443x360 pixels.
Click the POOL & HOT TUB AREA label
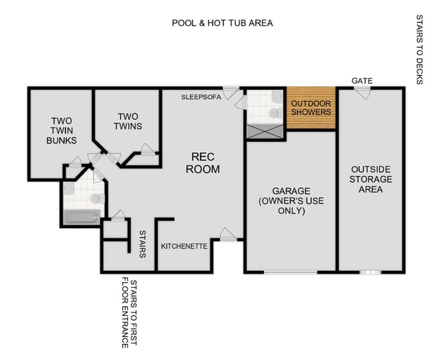222,23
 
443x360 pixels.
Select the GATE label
362,81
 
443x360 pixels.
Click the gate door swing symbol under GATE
361,93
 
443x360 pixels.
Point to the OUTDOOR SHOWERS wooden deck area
310,107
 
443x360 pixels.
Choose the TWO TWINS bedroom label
128,121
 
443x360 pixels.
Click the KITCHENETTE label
184,246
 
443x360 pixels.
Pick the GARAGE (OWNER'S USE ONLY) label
291,201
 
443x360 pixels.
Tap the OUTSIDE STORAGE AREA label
371,179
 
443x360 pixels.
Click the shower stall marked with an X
264,131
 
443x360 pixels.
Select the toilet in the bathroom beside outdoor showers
272,111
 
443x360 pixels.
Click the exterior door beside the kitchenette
227,235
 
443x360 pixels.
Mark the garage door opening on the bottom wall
290,271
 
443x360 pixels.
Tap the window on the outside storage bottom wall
369,271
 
